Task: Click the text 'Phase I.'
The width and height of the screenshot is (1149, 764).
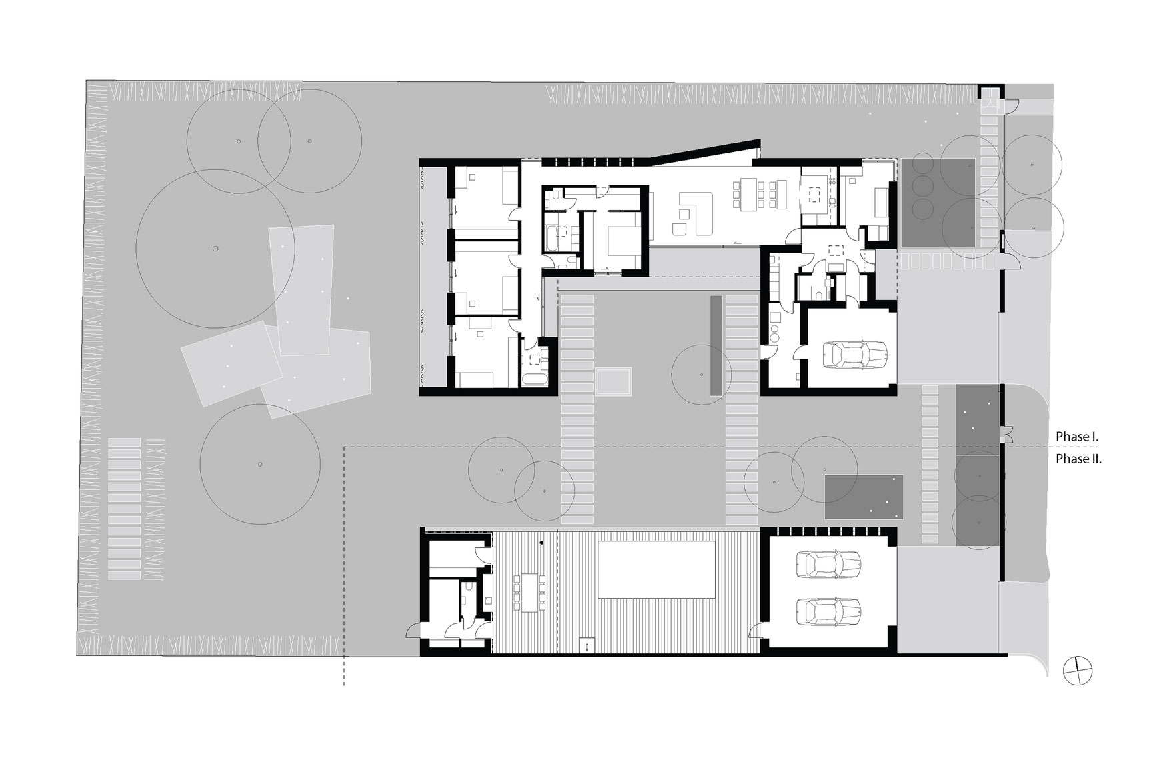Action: click(1077, 437)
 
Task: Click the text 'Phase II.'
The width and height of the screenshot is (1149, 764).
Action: click(1078, 459)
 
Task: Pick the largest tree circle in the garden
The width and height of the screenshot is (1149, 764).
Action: click(215, 249)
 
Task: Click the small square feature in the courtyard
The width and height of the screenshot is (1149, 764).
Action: click(614, 382)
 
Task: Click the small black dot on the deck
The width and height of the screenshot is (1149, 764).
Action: click(541, 543)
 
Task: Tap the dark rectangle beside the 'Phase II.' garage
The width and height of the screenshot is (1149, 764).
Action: click(864, 497)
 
